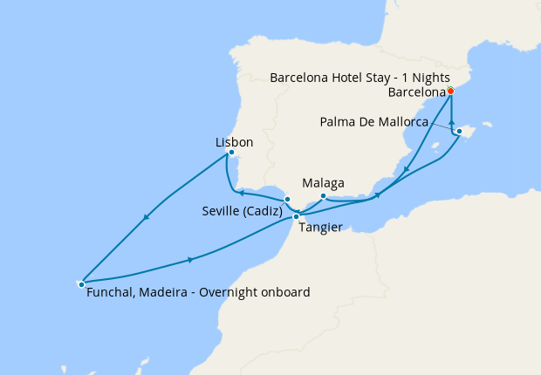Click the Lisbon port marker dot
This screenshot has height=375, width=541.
(x=230, y=153)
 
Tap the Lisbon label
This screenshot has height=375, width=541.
(x=233, y=141)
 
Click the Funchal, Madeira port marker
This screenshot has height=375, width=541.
(x=81, y=283)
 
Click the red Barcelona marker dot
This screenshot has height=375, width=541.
(x=450, y=91)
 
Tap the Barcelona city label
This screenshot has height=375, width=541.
(x=415, y=92)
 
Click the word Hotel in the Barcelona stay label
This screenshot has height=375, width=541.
(x=350, y=77)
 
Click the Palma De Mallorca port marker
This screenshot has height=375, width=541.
(x=459, y=132)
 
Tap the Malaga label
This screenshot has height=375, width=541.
(x=323, y=183)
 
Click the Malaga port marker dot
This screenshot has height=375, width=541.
(x=323, y=196)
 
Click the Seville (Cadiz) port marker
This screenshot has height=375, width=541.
(x=287, y=200)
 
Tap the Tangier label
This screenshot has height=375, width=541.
(x=319, y=227)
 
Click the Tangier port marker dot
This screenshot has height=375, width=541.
(x=297, y=215)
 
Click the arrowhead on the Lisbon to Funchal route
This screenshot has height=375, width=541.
(x=145, y=217)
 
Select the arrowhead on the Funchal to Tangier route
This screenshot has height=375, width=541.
(x=189, y=259)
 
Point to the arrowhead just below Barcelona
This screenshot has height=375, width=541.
(x=451, y=123)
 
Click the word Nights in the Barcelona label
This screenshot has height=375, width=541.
(x=430, y=77)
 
